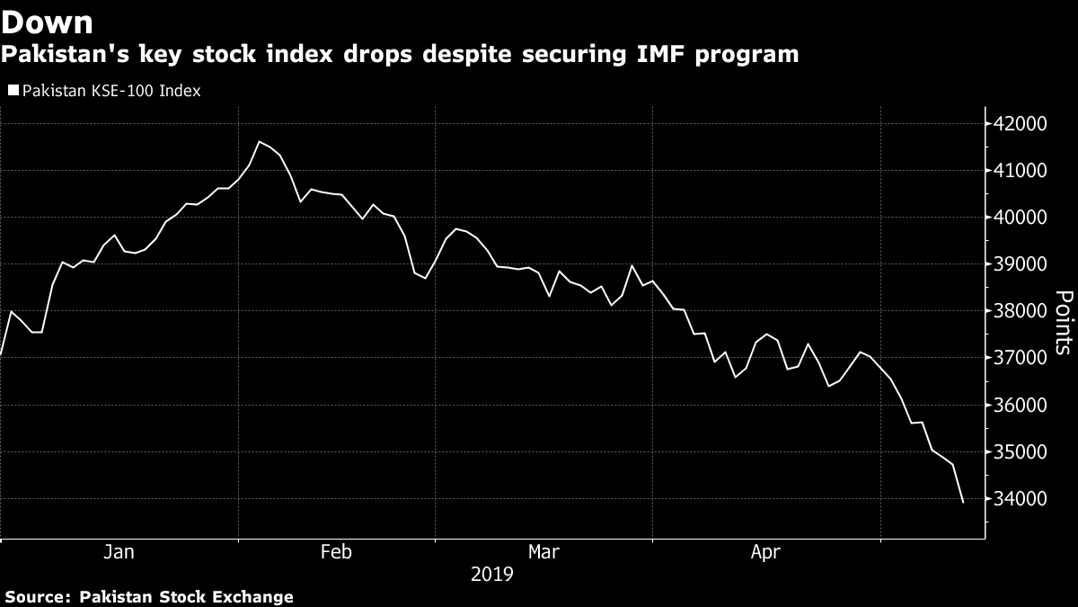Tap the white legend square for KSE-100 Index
click(13, 90)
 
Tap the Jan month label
click(119, 552)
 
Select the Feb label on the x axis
click(336, 552)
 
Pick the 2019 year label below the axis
click(491, 574)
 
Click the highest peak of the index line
click(260, 141)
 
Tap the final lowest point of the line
click(963, 503)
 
